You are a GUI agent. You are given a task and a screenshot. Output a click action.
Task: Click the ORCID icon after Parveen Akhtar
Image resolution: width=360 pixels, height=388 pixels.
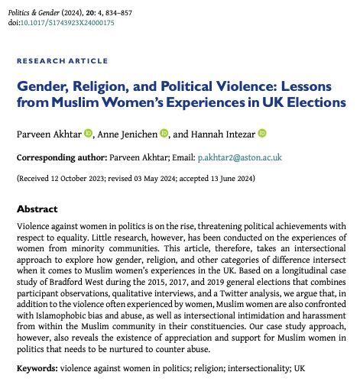(88, 134)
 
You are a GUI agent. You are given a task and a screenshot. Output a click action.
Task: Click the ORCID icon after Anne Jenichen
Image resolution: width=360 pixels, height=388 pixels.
(164, 134)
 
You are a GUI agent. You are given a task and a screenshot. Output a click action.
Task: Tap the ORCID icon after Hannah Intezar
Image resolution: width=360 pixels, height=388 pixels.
(262, 134)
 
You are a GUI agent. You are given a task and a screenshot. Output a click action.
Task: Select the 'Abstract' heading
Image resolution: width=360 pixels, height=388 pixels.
(37, 209)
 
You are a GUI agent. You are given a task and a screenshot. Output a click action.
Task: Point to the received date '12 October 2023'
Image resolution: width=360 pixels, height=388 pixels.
(77, 178)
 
